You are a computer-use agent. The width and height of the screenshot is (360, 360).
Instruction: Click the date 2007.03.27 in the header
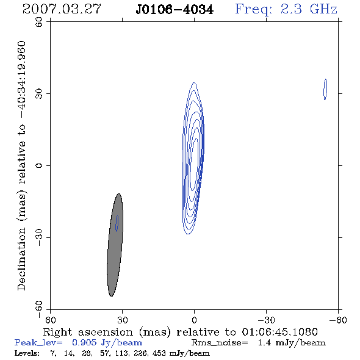(x=62, y=9)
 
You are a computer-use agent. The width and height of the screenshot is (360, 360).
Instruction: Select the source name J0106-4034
(x=175, y=10)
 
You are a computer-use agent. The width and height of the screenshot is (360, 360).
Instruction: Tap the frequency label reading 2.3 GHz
(x=309, y=9)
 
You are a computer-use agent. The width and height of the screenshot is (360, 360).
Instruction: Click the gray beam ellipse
(x=115, y=245)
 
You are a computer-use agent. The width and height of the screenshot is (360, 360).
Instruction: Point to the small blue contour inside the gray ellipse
(x=117, y=223)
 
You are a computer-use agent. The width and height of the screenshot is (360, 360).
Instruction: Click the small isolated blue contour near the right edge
(x=325, y=90)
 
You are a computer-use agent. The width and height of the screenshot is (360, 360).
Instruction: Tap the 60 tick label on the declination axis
(x=39, y=22)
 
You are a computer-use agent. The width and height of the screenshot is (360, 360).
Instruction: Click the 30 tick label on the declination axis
(x=39, y=94)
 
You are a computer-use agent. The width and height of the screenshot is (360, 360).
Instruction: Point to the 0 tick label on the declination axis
(x=39, y=165)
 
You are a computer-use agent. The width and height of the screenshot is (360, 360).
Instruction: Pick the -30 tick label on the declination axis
(x=39, y=237)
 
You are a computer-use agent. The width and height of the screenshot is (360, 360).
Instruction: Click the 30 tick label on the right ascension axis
(x=123, y=320)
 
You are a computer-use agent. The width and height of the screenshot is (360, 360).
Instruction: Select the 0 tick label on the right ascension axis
(x=195, y=320)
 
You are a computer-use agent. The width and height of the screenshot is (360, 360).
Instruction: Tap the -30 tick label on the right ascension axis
(x=266, y=320)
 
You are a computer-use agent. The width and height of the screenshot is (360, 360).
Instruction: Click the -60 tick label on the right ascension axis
(x=338, y=320)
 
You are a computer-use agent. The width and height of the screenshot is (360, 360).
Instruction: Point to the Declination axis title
(x=22, y=166)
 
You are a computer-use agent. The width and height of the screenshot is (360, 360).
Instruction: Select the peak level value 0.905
(x=84, y=342)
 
